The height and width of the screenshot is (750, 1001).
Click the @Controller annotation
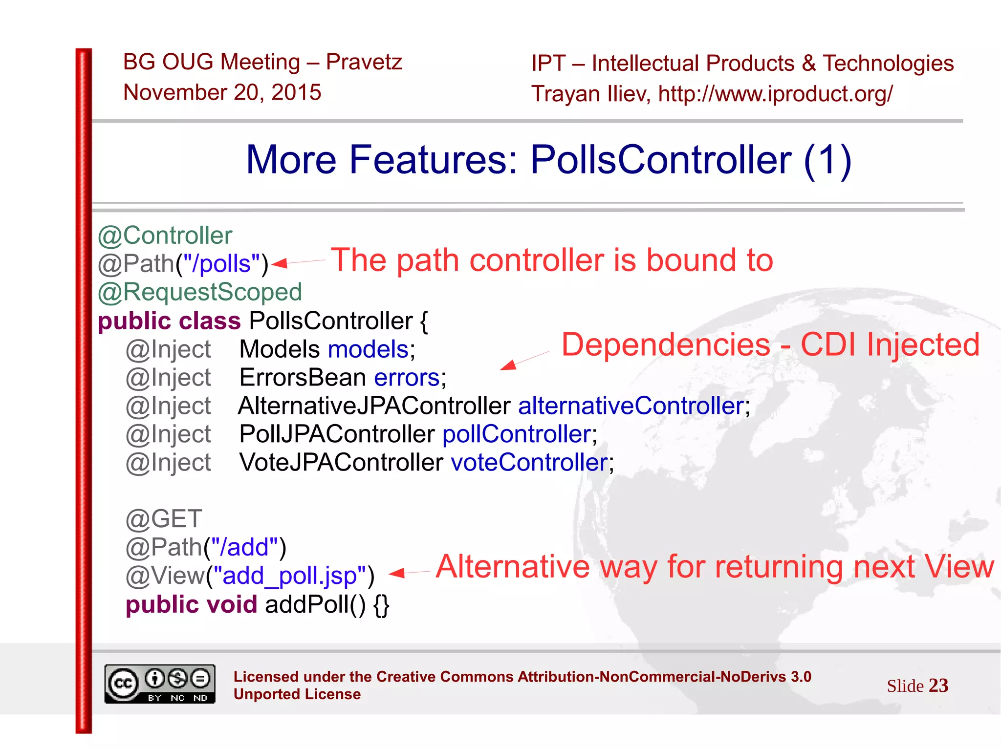[x=165, y=236]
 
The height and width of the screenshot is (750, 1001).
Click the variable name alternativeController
[x=631, y=406]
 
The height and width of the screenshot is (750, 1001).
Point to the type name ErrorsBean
[x=303, y=378]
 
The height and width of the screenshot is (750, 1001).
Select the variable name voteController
[x=529, y=463]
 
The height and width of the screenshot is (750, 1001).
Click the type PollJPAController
[x=337, y=434]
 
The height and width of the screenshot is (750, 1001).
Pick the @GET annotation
[x=164, y=519]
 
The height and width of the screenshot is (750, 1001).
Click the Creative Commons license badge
[x=160, y=684]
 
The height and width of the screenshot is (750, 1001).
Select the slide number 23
[x=938, y=686]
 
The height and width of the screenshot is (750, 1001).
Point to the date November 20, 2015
[x=222, y=92]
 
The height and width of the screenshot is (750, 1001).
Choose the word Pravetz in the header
[x=364, y=62]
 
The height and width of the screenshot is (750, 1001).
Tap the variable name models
[x=368, y=349]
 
